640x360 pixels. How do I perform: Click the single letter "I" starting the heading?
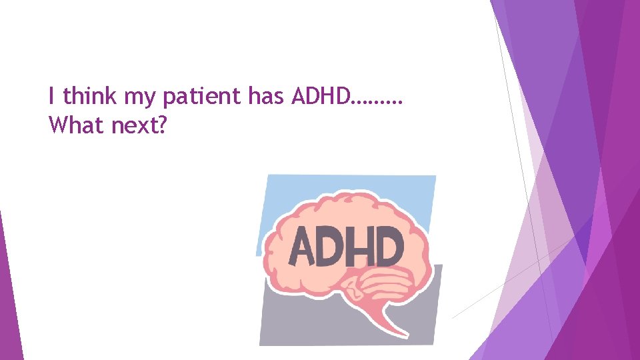click(x=51, y=97)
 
